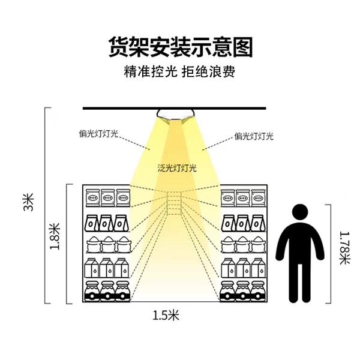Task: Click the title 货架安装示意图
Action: (181, 47)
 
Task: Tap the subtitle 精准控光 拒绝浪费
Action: (179, 71)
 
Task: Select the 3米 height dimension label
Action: (29, 202)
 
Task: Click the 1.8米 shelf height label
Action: (55, 236)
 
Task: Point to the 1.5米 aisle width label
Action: (166, 315)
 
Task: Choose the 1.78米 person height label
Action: (344, 248)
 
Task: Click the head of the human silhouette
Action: (300, 212)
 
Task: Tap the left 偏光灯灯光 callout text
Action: (98, 133)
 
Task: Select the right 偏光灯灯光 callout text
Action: (254, 136)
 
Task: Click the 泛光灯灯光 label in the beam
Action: (177, 168)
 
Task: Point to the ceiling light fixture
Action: (176, 115)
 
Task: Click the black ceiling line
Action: (175, 108)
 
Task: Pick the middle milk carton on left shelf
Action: (107, 268)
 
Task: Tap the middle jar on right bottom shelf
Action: (243, 291)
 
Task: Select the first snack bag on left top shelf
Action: (92, 197)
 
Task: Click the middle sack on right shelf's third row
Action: (243, 245)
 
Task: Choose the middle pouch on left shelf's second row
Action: (106, 223)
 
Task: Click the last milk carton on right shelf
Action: (258, 268)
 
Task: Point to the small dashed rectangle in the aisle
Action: (174, 203)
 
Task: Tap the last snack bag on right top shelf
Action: (258, 197)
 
